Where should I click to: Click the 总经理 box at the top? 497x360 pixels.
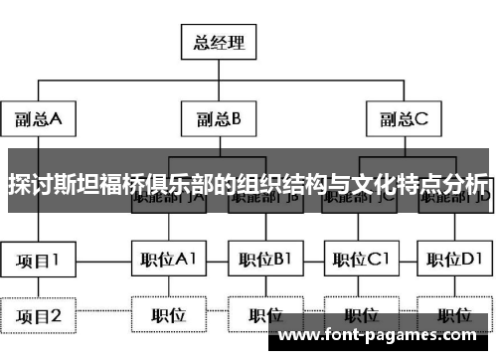pos(220,43)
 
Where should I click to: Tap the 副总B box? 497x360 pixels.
pos(220,121)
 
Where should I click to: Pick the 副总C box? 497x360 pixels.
pos(402,121)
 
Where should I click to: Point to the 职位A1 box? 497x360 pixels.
pos(168,261)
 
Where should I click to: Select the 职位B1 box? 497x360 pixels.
pos(264,261)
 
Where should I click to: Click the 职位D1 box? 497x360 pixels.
pos(453,261)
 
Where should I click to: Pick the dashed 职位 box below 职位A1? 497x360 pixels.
pos(168,316)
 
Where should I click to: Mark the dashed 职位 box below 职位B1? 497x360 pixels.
pos(264,316)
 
